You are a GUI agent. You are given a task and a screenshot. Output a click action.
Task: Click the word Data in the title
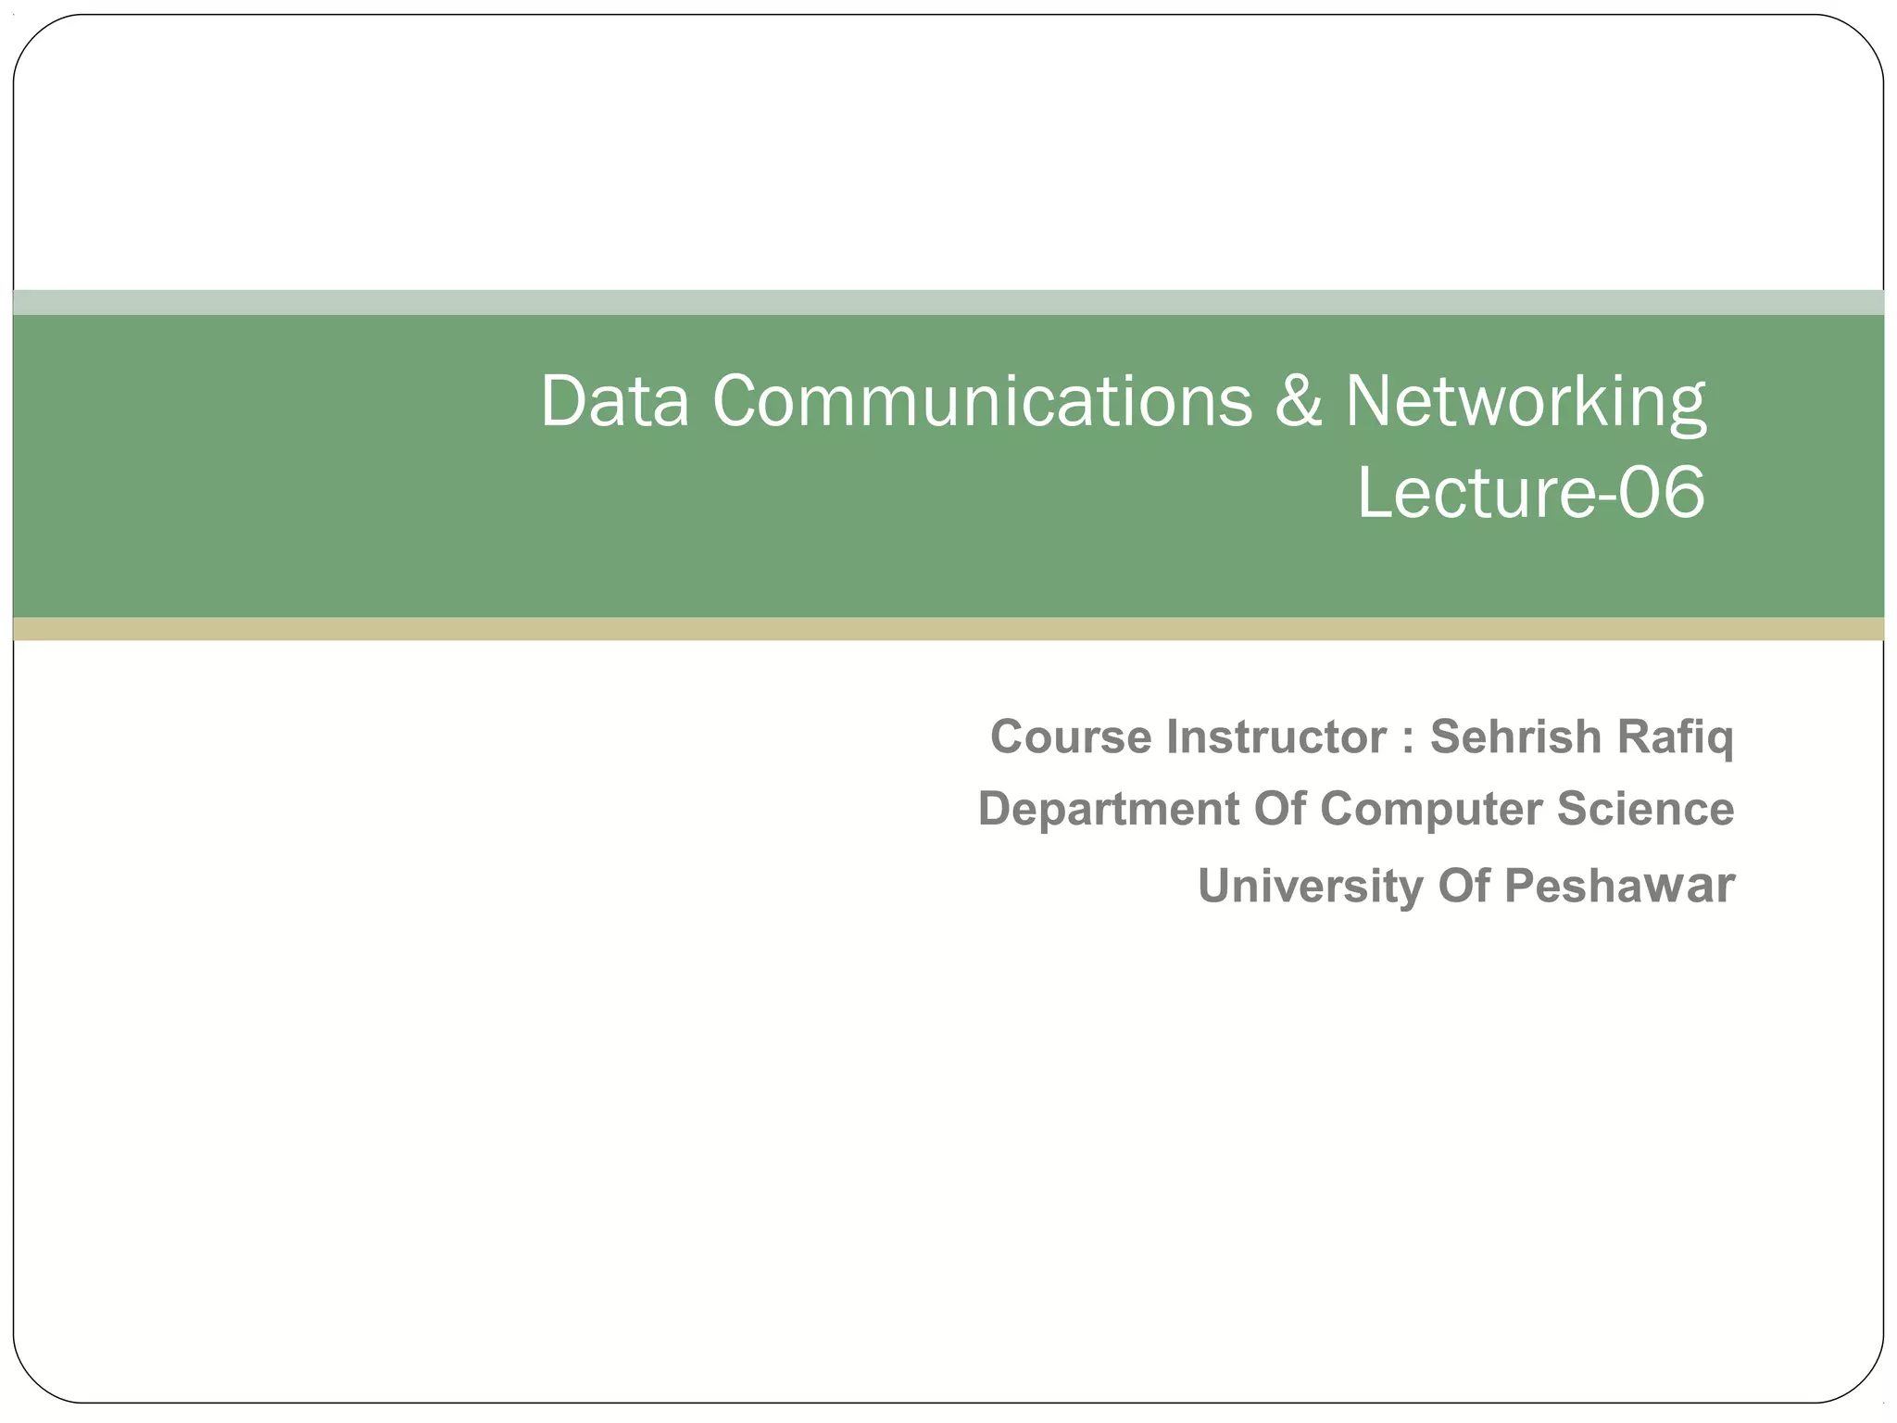point(615,401)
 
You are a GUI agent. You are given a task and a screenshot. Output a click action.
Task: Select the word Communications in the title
point(982,401)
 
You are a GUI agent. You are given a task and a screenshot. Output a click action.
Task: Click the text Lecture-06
point(1530,492)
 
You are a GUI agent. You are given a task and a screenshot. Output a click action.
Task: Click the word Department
point(1109,810)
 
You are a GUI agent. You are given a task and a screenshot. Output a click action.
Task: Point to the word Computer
point(1431,810)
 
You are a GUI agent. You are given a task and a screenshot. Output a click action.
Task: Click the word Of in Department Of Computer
point(1279,808)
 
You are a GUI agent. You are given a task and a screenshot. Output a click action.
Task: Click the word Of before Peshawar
point(1464,886)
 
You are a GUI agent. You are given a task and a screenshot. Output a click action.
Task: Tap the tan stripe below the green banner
point(948,629)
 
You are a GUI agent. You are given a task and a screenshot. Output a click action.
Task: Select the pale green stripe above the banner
point(948,302)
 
